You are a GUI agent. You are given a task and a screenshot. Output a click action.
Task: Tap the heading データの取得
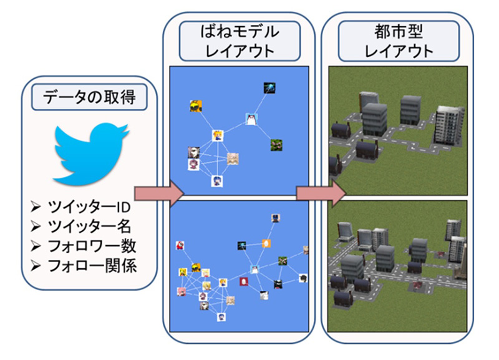tap(89, 97)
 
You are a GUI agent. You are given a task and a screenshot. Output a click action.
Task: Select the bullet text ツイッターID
tap(89, 207)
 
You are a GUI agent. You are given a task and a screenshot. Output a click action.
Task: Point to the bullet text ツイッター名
tap(89, 226)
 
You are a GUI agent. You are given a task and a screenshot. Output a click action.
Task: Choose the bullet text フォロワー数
tap(92, 246)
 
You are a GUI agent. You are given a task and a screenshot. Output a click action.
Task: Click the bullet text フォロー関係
tap(92, 266)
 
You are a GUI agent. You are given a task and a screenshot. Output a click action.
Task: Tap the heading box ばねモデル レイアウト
tap(240, 41)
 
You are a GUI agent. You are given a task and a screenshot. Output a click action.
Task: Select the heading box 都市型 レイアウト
tap(399, 41)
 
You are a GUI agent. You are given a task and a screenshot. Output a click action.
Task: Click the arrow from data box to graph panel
tap(160, 193)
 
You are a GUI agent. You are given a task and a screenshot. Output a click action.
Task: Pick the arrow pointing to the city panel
tap(321, 193)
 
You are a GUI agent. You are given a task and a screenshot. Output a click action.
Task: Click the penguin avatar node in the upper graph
tap(251, 119)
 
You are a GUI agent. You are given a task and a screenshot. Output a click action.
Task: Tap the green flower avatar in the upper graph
tap(276, 145)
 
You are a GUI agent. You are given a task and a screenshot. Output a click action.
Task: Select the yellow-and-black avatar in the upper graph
tap(196, 106)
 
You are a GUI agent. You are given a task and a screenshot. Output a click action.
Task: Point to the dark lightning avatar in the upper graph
tap(269, 88)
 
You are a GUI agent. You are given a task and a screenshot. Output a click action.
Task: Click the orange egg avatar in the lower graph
tap(266, 243)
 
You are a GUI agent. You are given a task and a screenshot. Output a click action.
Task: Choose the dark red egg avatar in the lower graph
tap(244, 281)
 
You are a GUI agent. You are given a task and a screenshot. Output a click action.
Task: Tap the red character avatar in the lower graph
tap(180, 245)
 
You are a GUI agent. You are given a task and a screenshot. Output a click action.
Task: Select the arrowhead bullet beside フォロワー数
tap(36, 246)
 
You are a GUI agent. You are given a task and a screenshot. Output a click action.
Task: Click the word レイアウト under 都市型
tap(399, 51)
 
